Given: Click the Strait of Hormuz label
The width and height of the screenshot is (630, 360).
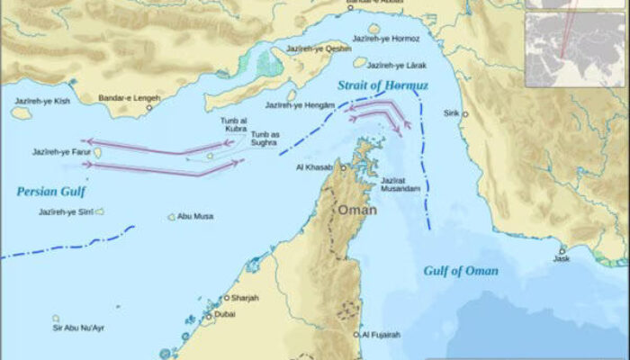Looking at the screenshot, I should coord(383,85).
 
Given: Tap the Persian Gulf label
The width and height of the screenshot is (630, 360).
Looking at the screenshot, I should coord(48,191).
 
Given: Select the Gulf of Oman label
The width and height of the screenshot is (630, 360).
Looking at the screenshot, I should coord(461,271).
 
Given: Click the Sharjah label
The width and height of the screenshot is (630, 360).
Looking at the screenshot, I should coord(246,298).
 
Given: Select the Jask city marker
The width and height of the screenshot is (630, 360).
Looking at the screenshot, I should coord(562,251).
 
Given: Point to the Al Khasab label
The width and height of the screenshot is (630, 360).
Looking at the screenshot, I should coord(314,167).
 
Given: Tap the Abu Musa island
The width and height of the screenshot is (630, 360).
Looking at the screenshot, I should coord(171,217).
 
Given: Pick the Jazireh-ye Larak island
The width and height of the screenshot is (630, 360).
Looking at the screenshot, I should coord(360,62).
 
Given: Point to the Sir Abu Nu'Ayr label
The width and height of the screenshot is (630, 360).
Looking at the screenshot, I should coord(78,328).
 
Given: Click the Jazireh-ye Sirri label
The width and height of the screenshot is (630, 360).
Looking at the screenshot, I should coord(65,212).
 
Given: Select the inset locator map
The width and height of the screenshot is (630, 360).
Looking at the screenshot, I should coord(575,40).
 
